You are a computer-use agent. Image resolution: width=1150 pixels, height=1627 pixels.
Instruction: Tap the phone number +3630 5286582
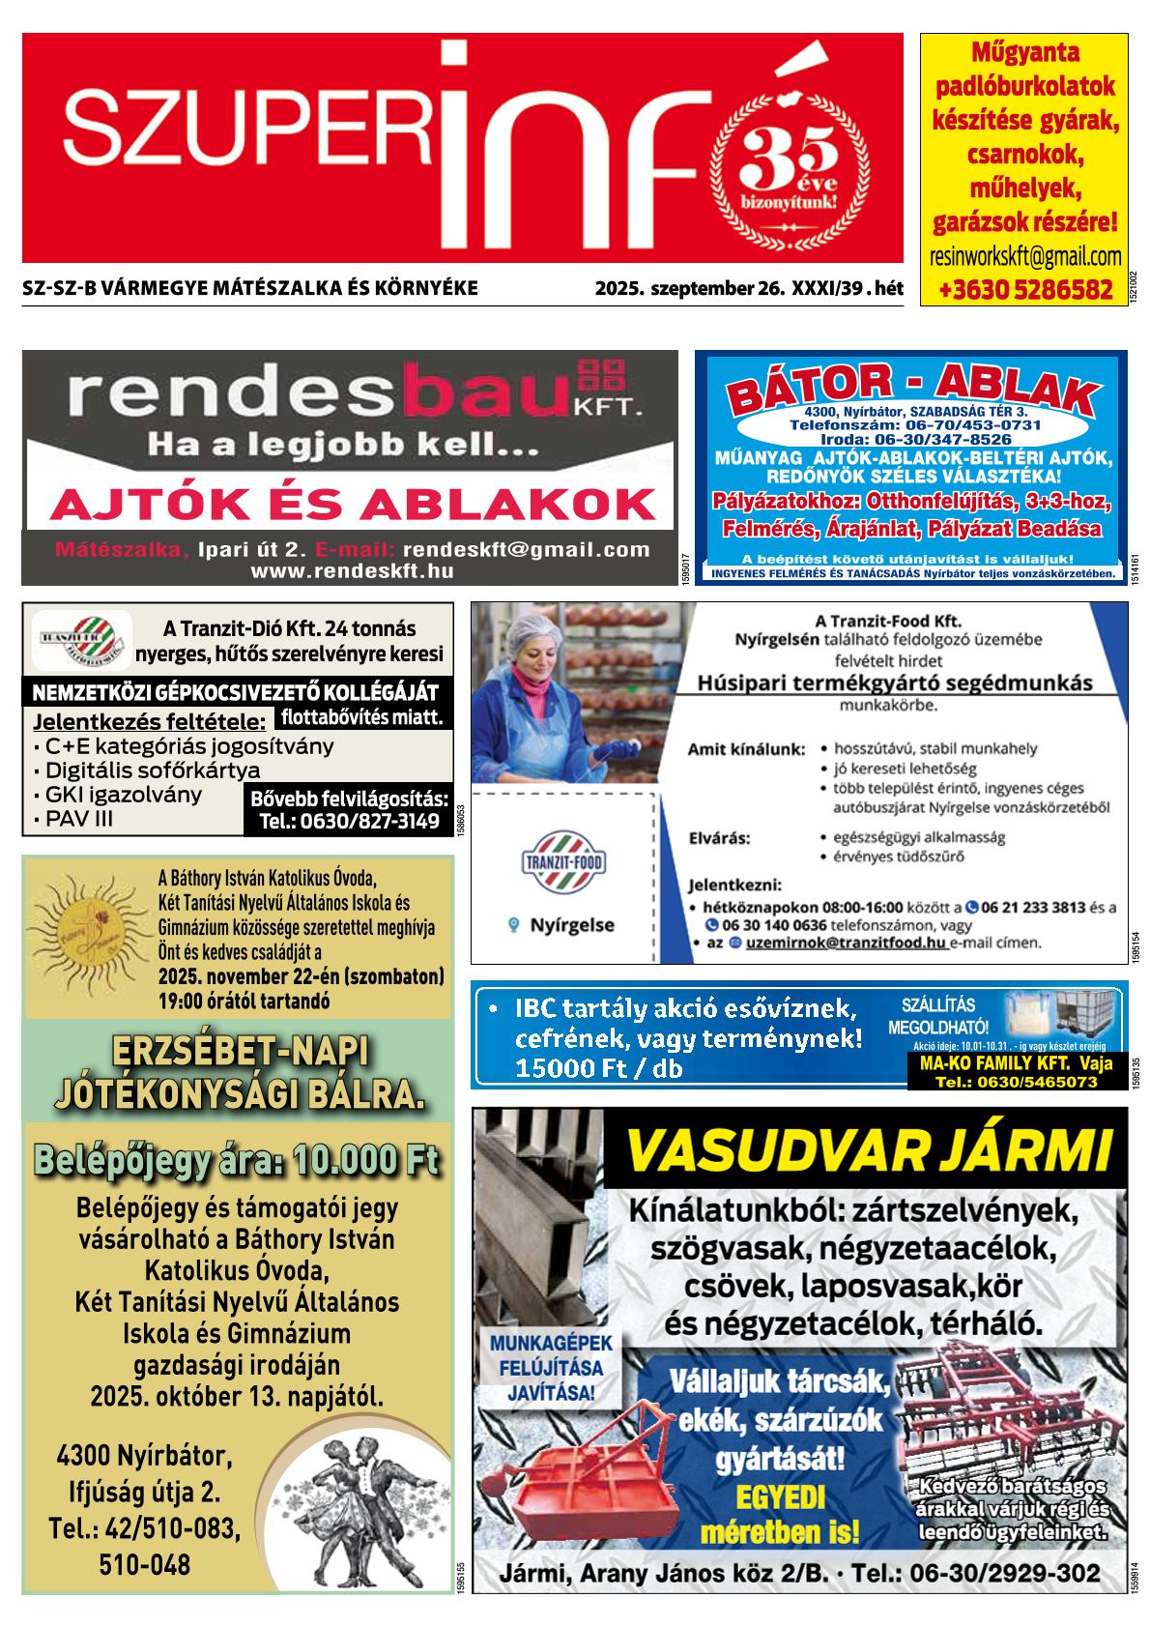1024,289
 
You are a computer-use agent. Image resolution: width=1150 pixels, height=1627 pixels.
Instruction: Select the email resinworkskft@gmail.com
1024,257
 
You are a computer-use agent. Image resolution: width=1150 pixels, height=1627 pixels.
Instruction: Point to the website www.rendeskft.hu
352,571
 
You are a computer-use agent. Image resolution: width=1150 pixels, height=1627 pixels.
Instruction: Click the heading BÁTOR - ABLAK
912,392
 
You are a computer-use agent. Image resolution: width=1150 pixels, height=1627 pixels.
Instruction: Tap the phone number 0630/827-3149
349,823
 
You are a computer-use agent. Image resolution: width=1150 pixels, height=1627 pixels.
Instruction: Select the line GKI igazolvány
117,795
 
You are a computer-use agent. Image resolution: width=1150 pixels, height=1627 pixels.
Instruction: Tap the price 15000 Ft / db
599,1068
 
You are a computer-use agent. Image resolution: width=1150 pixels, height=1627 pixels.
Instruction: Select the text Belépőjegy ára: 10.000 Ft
237,1159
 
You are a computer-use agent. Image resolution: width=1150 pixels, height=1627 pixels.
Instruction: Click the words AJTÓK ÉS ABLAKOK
352,504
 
